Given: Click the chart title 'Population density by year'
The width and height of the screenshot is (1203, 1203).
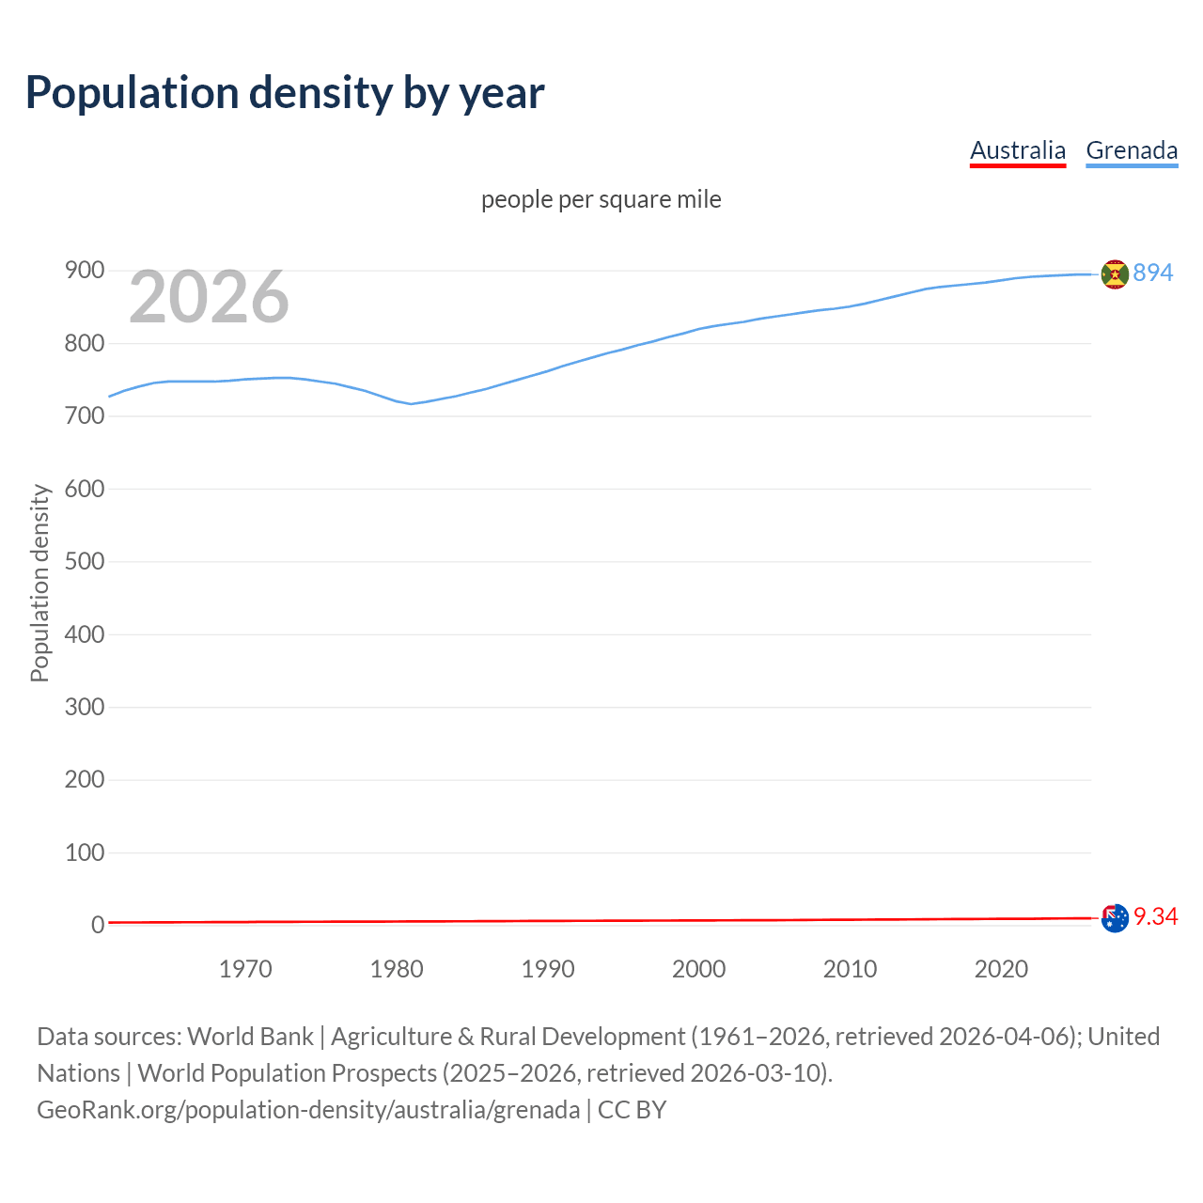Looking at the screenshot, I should tap(285, 93).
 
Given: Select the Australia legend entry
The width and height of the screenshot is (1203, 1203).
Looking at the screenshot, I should tap(1018, 150).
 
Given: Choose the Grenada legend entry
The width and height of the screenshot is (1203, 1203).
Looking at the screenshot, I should tap(1132, 150).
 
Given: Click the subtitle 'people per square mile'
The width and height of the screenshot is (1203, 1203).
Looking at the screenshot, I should tap(601, 199).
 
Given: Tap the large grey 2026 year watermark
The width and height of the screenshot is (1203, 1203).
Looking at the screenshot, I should tap(209, 297).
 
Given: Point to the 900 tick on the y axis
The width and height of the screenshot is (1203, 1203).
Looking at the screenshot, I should tap(85, 271).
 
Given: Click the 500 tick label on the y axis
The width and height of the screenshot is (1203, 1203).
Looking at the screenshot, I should tap(85, 561).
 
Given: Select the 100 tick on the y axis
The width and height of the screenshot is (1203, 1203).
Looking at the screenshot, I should tap(85, 852).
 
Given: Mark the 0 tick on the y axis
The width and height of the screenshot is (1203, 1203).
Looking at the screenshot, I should tap(98, 925).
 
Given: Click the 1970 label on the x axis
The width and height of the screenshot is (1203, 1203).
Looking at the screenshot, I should tap(245, 969).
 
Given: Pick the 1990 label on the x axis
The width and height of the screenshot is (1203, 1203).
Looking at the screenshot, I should tap(548, 969).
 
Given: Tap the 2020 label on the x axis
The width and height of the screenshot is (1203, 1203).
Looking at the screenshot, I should tap(1001, 969).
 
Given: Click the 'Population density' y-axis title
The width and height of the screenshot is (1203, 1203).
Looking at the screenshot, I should tap(39, 583).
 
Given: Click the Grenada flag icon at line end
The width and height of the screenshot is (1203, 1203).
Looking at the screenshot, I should tap(1115, 274).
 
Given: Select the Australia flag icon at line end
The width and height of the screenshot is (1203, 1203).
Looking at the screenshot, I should tap(1115, 918).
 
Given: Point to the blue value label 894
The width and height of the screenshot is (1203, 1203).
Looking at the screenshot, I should tap(1153, 273).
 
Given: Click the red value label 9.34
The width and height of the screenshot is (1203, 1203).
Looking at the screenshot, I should tap(1156, 916).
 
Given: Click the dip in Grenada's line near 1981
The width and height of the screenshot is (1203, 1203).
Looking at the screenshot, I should tap(411, 403).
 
